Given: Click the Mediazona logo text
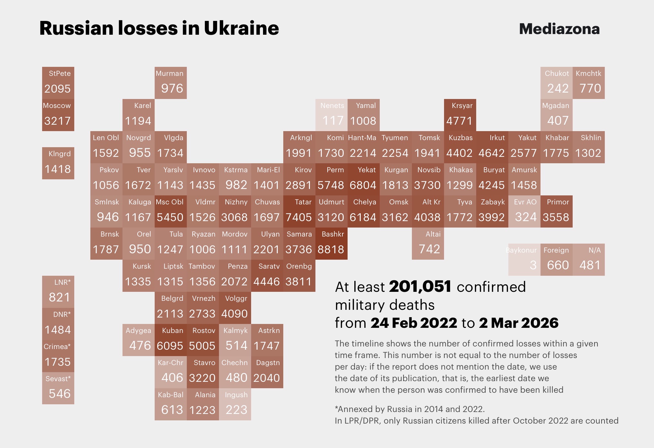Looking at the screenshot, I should pos(559,29).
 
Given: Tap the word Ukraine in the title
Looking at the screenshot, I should pos(241,28).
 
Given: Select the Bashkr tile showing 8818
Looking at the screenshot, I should pos(331,244).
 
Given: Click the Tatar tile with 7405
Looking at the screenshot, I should pos(299,211).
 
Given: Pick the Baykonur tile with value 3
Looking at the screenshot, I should pos(524,260).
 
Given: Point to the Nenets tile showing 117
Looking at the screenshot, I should pos(331,115).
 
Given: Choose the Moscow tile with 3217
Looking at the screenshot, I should pos(58,115).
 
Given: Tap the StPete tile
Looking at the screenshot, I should pos(58,83).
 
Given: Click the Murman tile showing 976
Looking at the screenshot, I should pos(170,83).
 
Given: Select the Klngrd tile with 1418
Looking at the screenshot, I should pos(58,163).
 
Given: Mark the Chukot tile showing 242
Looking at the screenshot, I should pos(556,83).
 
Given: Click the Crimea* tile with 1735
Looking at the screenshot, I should pos(58,356).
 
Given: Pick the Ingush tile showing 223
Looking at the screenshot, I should pos(235,404).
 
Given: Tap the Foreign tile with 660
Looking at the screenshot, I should pos(556,260).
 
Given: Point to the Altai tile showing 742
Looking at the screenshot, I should pos(428,244).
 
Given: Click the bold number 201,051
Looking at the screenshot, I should pos(420,287).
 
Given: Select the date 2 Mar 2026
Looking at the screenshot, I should pos(519,323).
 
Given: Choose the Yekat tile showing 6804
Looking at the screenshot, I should pos(363,179).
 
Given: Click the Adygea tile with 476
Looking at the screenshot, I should pos(138,340).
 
